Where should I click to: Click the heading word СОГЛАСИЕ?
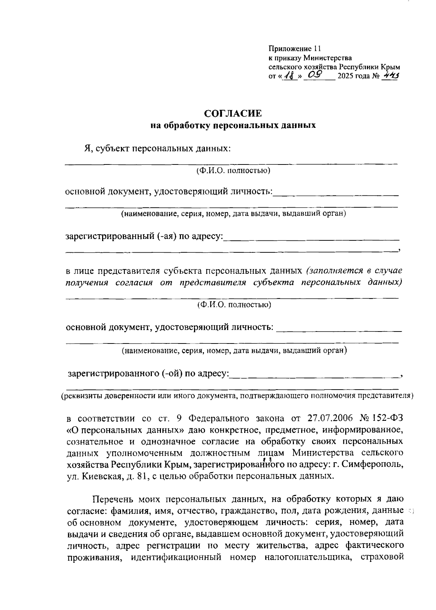coord(233,114)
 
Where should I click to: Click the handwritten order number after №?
coord(391,76)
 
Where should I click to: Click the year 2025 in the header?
coord(346,77)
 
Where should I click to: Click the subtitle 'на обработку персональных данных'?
coord(233,126)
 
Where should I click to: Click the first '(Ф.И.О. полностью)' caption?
coord(233,170)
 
